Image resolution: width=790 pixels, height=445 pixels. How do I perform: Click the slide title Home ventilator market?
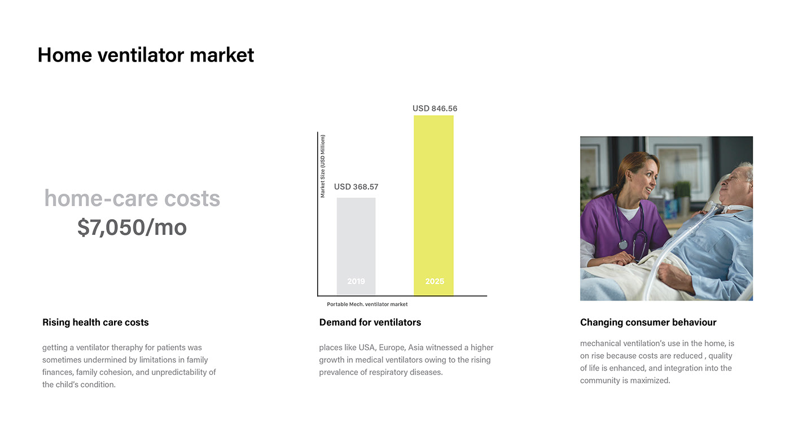point(146,55)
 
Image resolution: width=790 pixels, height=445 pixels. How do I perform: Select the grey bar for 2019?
point(356,246)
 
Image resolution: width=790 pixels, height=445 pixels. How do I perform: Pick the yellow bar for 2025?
point(433,205)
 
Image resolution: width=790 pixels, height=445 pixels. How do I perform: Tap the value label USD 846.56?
point(435,108)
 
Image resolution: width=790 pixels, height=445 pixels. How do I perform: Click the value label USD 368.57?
point(356,187)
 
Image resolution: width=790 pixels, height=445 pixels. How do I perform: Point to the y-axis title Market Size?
point(322,166)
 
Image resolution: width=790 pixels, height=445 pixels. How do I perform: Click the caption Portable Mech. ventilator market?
point(367,304)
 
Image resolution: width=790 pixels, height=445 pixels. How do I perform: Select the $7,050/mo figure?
point(132,227)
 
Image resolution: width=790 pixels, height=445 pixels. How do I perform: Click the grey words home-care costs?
point(132,198)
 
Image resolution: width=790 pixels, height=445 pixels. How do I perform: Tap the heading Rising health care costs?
point(95,322)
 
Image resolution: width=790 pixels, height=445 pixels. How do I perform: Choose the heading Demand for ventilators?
point(370,322)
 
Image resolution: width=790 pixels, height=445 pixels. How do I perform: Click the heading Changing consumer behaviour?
point(648,322)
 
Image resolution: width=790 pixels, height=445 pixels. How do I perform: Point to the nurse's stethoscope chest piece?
point(623,245)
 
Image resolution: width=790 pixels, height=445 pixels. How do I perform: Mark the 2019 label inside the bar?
point(356,281)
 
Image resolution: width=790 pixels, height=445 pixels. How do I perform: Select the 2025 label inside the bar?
point(434,281)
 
